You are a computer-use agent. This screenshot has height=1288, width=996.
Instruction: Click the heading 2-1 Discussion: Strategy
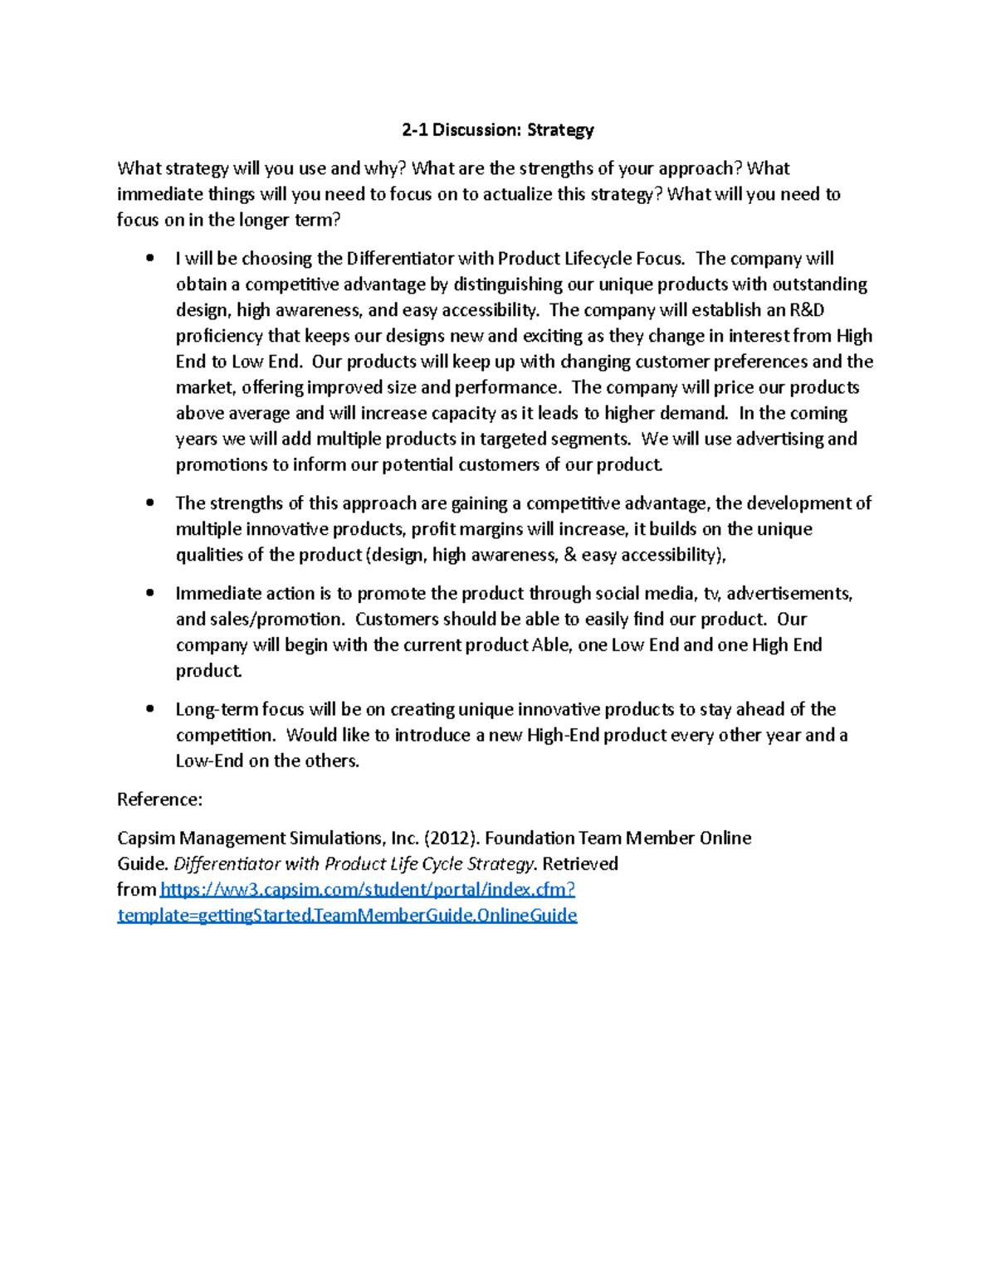click(x=498, y=130)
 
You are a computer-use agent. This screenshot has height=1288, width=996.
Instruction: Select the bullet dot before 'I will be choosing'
click(x=149, y=258)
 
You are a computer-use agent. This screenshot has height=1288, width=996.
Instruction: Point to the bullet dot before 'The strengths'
click(x=149, y=503)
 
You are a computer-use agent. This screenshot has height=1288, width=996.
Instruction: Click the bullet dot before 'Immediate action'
click(x=149, y=593)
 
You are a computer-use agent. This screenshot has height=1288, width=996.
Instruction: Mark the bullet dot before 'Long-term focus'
click(x=149, y=709)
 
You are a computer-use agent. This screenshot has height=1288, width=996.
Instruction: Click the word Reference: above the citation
click(x=159, y=800)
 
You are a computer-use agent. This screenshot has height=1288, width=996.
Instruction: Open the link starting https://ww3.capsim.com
click(x=367, y=890)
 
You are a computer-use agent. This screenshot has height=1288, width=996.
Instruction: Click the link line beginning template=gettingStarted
click(x=347, y=916)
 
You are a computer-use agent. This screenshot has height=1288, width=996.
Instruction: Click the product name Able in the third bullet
click(x=551, y=645)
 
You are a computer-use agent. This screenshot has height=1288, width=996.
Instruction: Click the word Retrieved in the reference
click(x=580, y=864)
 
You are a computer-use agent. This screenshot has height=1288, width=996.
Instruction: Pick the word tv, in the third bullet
click(x=711, y=594)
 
